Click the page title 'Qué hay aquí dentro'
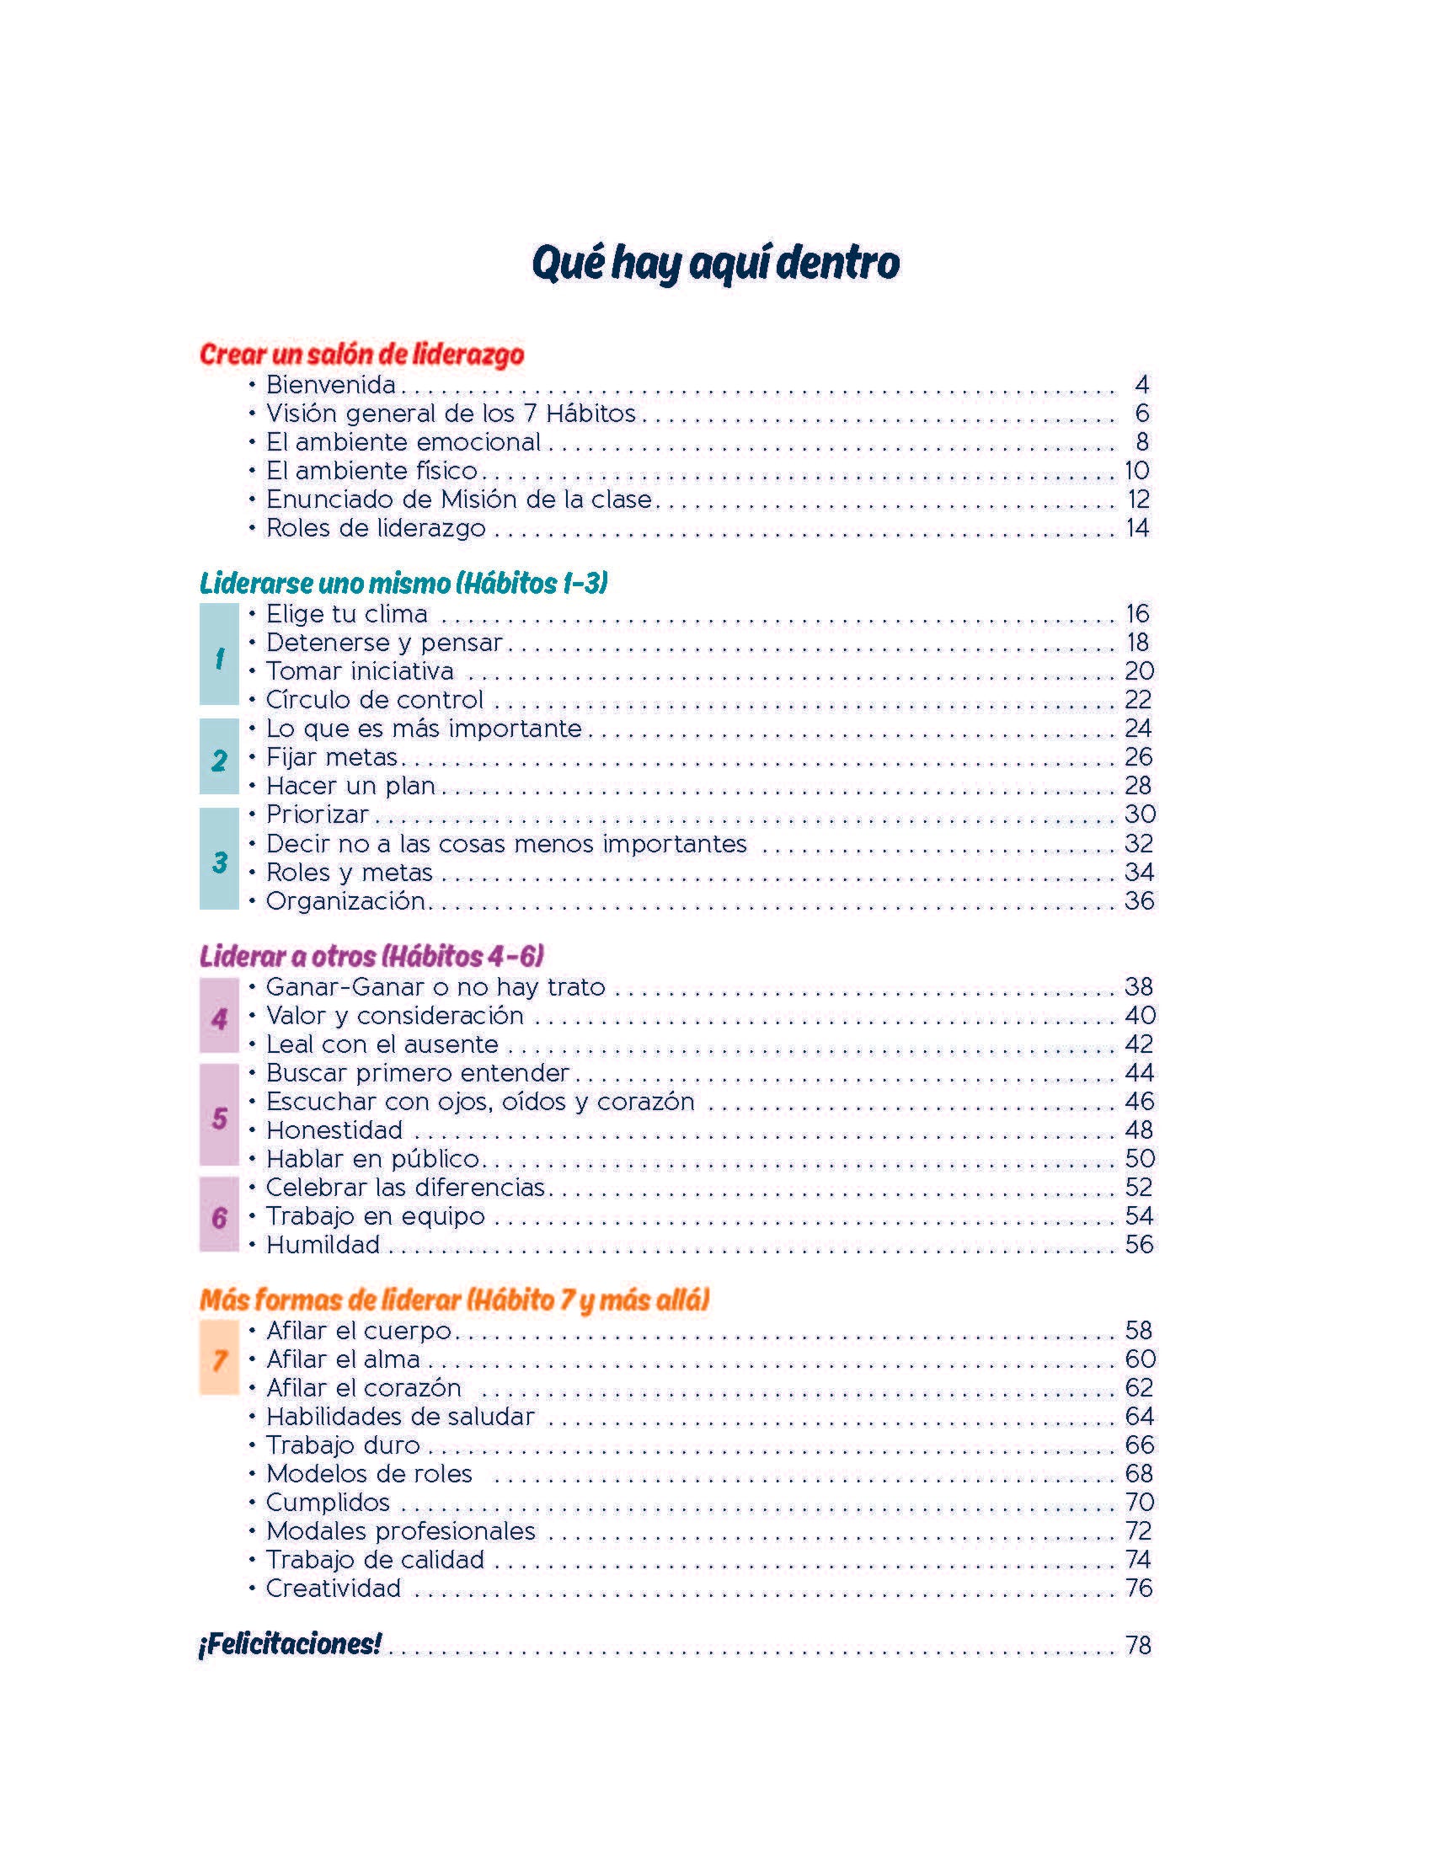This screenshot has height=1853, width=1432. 715,263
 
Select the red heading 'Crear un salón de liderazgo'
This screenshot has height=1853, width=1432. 361,354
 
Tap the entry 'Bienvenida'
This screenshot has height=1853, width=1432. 331,385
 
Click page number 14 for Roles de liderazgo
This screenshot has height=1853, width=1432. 1137,528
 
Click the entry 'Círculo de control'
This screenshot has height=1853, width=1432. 374,700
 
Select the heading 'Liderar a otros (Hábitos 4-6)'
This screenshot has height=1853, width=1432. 371,956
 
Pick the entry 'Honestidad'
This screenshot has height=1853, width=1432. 334,1130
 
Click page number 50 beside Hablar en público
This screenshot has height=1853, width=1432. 1140,1159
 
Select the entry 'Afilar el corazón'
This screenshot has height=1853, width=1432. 364,1388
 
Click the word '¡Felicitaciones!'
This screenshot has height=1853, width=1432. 289,1644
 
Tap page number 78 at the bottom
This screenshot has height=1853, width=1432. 1138,1645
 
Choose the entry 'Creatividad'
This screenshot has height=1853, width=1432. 334,1589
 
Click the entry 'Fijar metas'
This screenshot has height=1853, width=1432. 332,757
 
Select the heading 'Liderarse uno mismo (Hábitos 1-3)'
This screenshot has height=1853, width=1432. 403,583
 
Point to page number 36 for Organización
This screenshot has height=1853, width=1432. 1139,901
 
